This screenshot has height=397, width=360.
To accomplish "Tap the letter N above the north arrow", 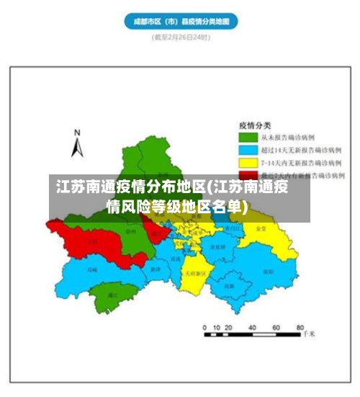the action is (x=77, y=133).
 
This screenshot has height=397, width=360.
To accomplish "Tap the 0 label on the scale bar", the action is (x=206, y=326).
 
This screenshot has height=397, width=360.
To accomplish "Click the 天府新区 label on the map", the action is (x=195, y=274).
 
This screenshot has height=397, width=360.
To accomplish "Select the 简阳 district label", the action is (x=267, y=272).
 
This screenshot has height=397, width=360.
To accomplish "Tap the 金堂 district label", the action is (x=261, y=228).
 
